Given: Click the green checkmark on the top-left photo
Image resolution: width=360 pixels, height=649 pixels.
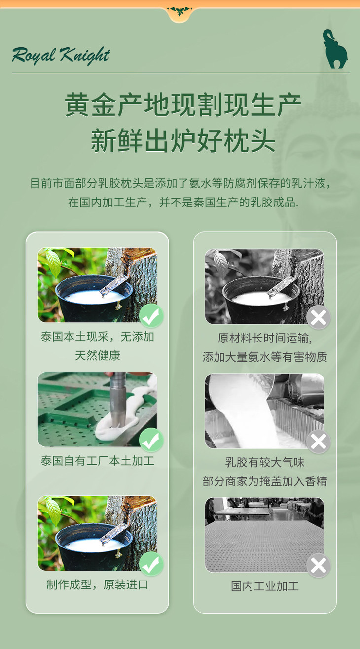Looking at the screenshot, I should coord(151,316).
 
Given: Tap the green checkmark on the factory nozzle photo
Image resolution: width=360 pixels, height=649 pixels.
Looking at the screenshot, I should coord(151,440).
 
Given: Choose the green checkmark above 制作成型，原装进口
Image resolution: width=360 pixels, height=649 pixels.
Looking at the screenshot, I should coord(151,564).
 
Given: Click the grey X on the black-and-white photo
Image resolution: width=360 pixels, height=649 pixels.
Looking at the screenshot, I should coord(319,317).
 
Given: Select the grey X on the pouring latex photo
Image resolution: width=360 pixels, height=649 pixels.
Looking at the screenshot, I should coord(319,442).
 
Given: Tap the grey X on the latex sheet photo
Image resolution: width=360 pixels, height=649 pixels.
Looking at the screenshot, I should coord(319,565).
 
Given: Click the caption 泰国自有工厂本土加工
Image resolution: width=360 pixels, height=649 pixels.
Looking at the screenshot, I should coord(97,461).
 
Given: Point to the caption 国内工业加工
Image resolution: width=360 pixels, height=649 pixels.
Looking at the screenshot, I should coord(265,586).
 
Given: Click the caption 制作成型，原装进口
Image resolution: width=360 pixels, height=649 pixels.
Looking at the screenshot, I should coord(97,585).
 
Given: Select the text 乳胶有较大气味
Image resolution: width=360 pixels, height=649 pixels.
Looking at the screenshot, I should coord(265,462).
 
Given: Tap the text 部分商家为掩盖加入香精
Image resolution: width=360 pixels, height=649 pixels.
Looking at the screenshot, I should coord(265,481).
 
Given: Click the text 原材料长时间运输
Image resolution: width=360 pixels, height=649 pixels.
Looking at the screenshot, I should coord(265,338).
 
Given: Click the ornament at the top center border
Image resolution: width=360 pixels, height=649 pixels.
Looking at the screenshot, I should coord(180,11).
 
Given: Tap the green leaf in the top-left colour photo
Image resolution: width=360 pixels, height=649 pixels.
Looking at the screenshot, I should coord(53,262).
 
